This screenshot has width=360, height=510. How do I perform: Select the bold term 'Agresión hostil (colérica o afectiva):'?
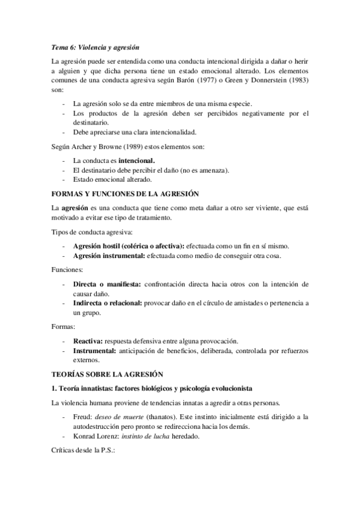[129, 245]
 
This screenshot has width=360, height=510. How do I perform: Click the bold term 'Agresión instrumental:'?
[109, 256]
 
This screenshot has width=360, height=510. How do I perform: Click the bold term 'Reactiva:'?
[88, 340]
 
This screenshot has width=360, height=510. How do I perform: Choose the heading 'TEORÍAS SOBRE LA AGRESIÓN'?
[107, 373]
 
